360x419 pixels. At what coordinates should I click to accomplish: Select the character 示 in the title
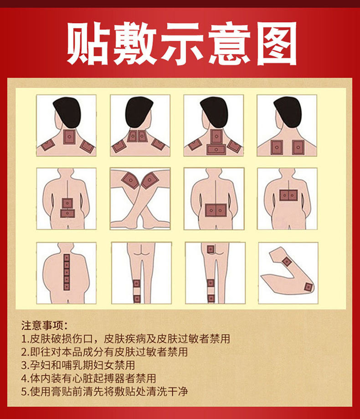pos(182,44)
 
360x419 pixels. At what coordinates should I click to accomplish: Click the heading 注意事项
pos(44,326)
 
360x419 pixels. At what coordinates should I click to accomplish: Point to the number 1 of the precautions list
pos(24,339)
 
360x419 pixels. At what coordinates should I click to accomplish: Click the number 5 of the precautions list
pos(24,392)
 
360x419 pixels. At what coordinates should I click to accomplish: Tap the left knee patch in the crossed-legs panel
pos(130,180)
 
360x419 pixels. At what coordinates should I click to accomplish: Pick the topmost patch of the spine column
pos(67,258)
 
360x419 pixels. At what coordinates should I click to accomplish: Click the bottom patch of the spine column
pos(67,287)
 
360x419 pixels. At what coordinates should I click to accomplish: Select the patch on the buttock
pos(211,249)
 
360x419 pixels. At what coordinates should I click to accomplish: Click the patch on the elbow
pos(308,287)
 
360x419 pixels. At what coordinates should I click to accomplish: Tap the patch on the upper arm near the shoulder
pos(287,261)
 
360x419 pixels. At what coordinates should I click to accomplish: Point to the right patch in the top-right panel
pos(298,147)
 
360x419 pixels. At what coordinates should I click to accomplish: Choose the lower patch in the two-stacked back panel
pos(67,213)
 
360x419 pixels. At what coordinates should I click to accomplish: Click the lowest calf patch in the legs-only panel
pos(137,298)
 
